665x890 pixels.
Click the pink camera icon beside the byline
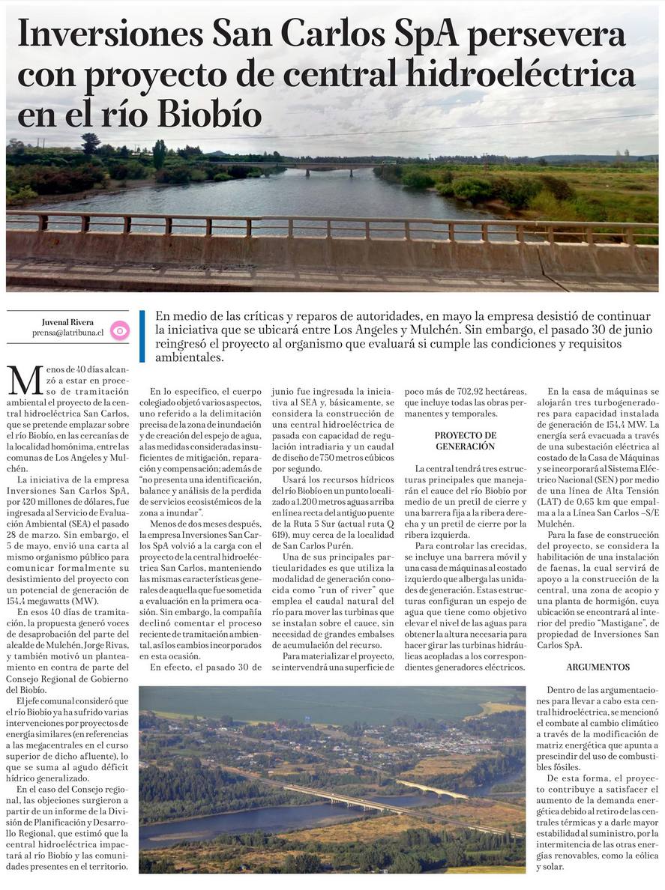pos(119,330)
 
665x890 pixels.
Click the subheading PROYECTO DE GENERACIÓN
pos(465,441)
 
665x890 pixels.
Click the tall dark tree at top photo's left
pos(90,143)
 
